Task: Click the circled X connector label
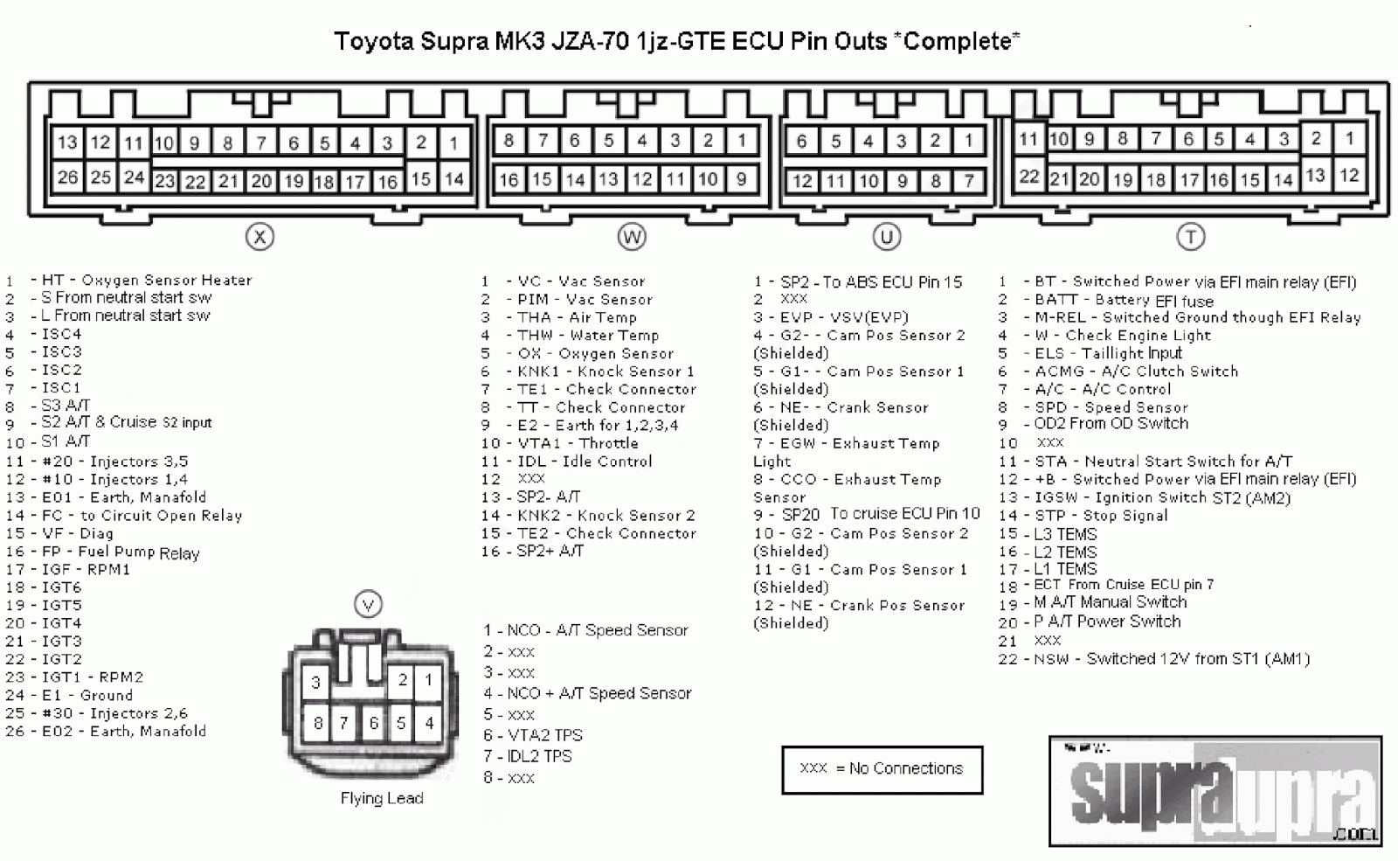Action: pos(260,237)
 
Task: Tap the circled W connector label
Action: pos(631,237)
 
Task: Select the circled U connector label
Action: pos(886,237)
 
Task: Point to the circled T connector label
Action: pos(1190,237)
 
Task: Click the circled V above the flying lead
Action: pos(368,605)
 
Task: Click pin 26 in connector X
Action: pos(67,177)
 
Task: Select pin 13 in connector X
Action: pos(67,142)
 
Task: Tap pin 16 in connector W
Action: pos(509,180)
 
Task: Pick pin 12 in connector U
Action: pos(801,181)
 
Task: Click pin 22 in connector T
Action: pos(1028,177)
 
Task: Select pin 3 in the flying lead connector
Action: pos(316,683)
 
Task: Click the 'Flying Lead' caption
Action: pos(382,798)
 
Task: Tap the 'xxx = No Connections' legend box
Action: pos(882,768)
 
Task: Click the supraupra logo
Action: pos(1215,792)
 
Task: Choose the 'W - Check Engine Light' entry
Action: pos(1123,336)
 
